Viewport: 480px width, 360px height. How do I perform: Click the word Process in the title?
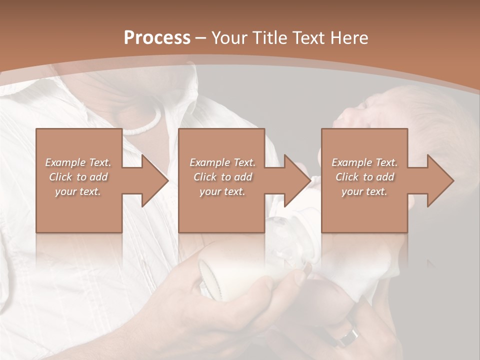point(157,38)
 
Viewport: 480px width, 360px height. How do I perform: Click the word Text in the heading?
point(309,38)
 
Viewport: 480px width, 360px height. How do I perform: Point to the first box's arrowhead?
point(155,180)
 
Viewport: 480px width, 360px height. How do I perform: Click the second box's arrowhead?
point(298,180)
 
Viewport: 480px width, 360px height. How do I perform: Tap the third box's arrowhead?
point(440,180)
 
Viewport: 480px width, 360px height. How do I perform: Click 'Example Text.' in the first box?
point(78,162)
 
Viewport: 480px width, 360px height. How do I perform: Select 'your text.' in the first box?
point(78,191)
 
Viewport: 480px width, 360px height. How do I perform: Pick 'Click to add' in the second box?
point(222,177)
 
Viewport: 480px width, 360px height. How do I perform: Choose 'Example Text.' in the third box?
point(364,162)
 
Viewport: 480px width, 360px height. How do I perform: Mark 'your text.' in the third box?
point(364,191)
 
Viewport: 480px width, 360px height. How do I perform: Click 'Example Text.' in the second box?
point(222,162)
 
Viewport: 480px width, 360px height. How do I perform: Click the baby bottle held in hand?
point(225,270)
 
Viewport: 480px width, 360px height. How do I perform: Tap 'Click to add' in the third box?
point(364,177)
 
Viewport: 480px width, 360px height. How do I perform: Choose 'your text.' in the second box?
point(222,191)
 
